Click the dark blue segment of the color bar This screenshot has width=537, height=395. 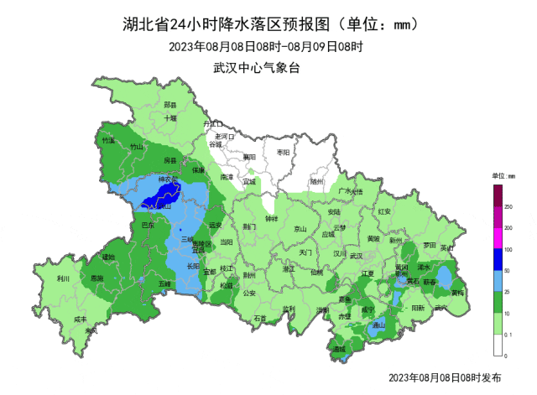[497, 260]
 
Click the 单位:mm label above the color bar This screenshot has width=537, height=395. [503, 176]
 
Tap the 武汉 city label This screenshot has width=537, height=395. [357, 255]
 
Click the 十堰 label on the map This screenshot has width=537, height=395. [170, 119]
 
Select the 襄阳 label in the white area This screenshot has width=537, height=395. [248, 157]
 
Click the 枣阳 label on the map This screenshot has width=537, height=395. [283, 153]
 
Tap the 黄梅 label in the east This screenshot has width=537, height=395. [457, 294]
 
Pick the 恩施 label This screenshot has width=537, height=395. [97, 278]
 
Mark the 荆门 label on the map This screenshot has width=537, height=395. [249, 226]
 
